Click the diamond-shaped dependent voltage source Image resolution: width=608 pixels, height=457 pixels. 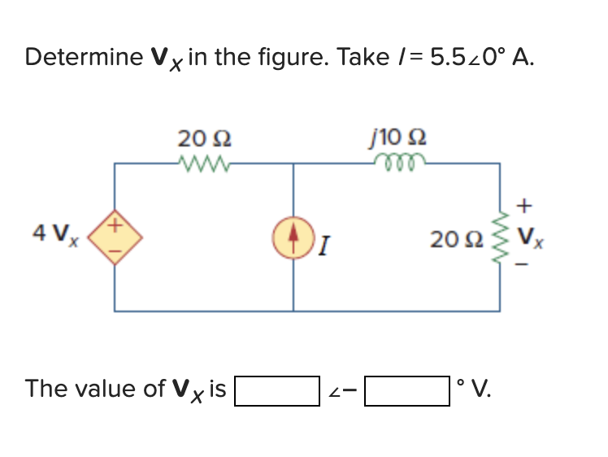click(x=114, y=236)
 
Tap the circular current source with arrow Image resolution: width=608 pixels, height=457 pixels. click(x=293, y=236)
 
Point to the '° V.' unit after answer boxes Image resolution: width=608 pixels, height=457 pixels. click(x=476, y=389)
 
